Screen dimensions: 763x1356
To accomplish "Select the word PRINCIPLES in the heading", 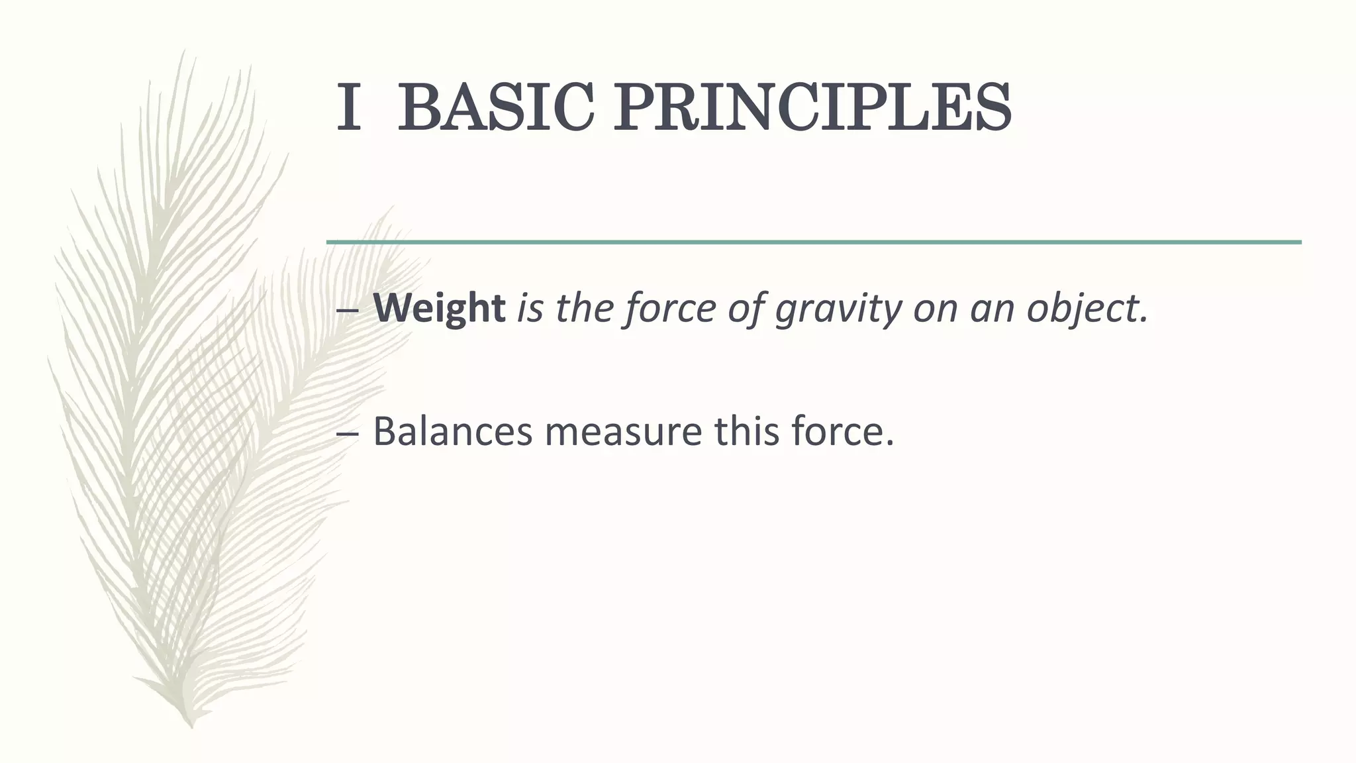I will [x=812, y=107].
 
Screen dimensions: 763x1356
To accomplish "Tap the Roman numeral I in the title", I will [x=348, y=107].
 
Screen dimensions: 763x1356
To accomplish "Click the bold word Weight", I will [x=439, y=309].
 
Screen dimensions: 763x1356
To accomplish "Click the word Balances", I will [x=453, y=431].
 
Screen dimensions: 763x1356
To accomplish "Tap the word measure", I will [x=623, y=432].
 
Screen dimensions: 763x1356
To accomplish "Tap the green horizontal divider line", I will [x=814, y=242].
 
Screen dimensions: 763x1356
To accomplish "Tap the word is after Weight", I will [x=530, y=309].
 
